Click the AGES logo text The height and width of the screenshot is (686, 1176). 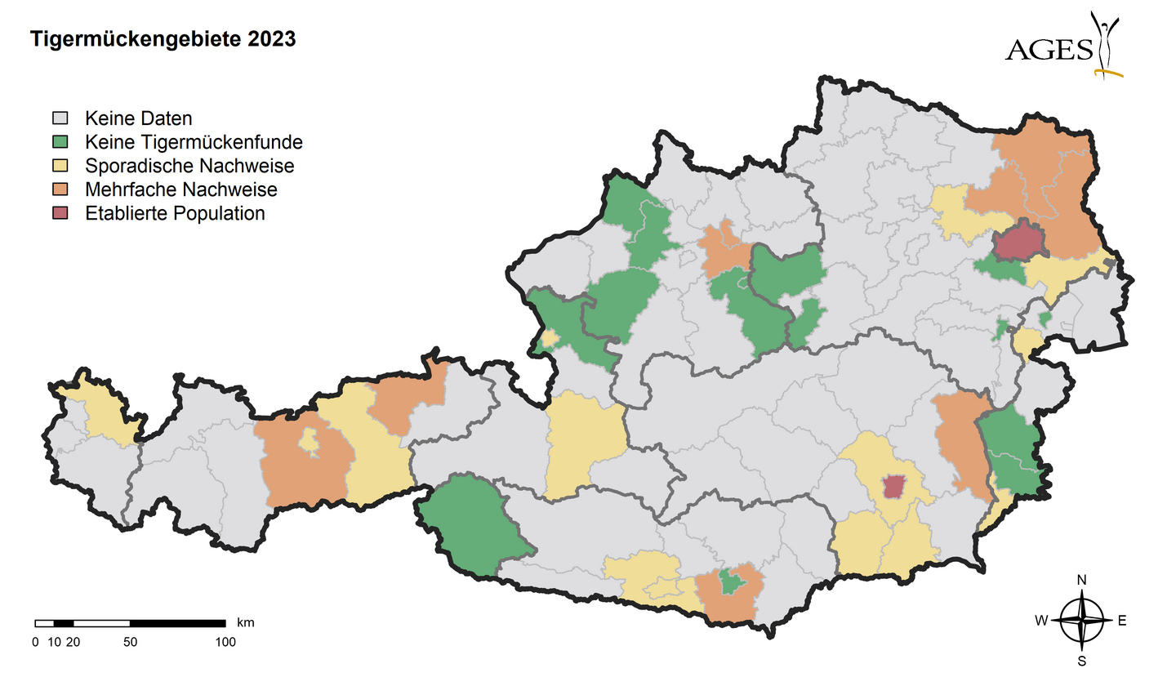coord(1049,51)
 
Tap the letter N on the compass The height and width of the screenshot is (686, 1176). coord(1081,580)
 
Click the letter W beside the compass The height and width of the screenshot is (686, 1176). coord(1041,621)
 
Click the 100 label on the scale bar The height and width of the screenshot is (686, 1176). coord(225,642)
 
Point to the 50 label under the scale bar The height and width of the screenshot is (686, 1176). coord(130,642)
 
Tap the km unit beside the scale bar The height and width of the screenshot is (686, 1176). coord(245,622)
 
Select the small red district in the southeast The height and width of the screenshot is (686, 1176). coord(894,487)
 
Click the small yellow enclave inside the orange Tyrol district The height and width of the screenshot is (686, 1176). coord(309,440)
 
